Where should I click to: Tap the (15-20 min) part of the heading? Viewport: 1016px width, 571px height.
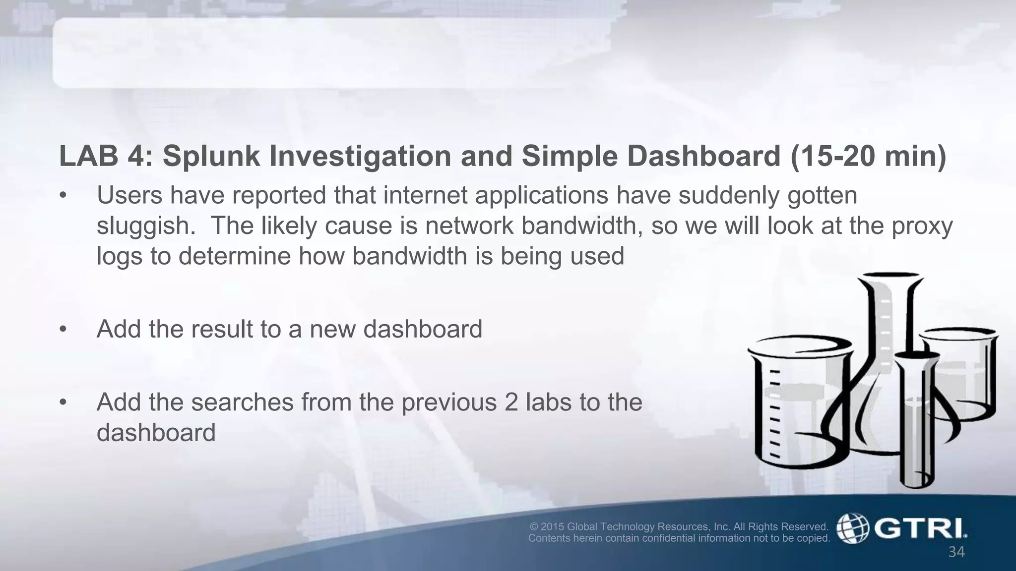[868, 156]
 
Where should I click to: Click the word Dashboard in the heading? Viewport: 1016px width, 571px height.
[704, 156]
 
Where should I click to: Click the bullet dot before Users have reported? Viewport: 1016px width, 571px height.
[63, 196]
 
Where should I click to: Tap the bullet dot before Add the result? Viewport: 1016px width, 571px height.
[63, 330]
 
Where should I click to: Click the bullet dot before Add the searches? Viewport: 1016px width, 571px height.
[63, 402]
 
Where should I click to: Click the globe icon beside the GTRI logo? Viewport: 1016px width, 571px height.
[853, 528]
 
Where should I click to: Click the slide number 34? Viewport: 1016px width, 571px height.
[956, 552]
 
